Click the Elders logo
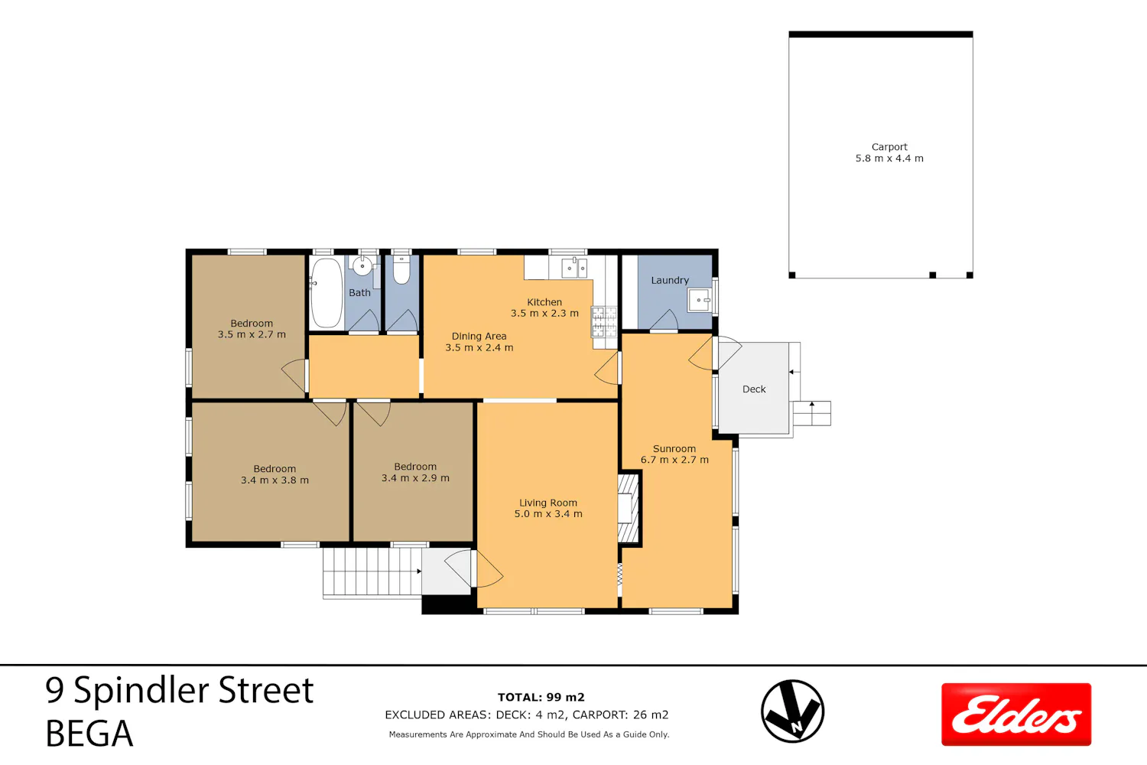pyautogui.click(x=1016, y=715)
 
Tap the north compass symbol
pyautogui.click(x=792, y=711)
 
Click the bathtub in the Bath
pyautogui.click(x=327, y=292)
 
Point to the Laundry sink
pyautogui.click(x=700, y=300)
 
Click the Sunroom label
pyautogui.click(x=674, y=449)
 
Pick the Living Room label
pyautogui.click(x=548, y=503)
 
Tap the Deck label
pyautogui.click(x=754, y=389)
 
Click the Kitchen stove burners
pyautogui.click(x=604, y=322)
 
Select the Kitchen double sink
pyautogui.click(x=574, y=268)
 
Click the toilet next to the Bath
pyautogui.click(x=401, y=269)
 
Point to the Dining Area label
pyautogui.click(x=479, y=336)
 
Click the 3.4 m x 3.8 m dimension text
pyautogui.click(x=275, y=480)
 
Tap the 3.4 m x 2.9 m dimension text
pyautogui.click(x=415, y=478)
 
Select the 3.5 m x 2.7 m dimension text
pyautogui.click(x=252, y=334)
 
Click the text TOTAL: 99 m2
pyautogui.click(x=541, y=697)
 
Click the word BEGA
pyautogui.click(x=89, y=733)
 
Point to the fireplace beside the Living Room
pyautogui.click(x=629, y=508)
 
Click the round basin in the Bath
pyautogui.click(x=362, y=266)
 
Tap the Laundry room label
pyautogui.click(x=670, y=280)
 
